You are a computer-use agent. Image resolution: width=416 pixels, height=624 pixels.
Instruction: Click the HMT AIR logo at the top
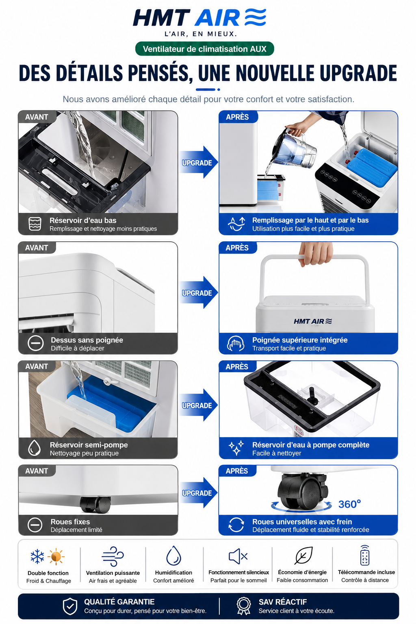(x=199, y=18)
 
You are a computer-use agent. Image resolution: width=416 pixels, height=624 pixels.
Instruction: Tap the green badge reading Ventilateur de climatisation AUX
(x=204, y=49)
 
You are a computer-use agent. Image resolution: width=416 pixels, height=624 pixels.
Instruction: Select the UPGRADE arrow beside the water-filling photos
(x=198, y=162)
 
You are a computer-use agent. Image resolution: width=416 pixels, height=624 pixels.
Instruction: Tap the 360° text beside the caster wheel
(x=349, y=504)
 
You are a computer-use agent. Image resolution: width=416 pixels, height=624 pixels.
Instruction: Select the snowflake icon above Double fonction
(x=37, y=556)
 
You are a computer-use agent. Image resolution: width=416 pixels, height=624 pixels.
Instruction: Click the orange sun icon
(x=56, y=557)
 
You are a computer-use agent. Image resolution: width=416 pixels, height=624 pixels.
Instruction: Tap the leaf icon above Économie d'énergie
(x=303, y=555)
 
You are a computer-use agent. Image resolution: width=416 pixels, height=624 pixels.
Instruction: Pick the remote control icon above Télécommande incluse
(x=365, y=555)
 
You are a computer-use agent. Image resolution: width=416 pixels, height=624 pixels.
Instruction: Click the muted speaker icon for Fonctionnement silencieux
(x=238, y=556)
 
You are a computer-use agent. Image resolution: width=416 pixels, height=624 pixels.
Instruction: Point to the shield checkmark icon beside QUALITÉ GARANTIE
(x=70, y=606)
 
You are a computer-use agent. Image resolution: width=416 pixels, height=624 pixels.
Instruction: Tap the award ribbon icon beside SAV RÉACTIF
(x=243, y=606)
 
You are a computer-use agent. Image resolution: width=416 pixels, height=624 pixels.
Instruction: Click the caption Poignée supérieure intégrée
(x=300, y=340)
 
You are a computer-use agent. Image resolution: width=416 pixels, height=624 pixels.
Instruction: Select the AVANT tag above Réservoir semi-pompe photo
(x=37, y=366)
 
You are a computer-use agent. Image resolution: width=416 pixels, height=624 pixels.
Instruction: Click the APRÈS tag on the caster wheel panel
(x=237, y=471)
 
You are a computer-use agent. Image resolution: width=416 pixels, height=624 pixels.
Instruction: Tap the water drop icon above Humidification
(x=173, y=555)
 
